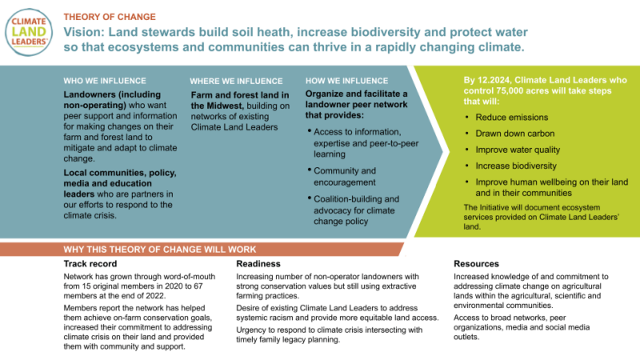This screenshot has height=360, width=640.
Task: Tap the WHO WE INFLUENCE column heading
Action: (105, 81)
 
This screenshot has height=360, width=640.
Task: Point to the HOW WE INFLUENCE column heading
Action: (347, 81)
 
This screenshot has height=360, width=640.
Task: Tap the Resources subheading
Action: (477, 263)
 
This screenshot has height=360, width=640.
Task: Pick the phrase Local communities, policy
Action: (119, 174)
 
